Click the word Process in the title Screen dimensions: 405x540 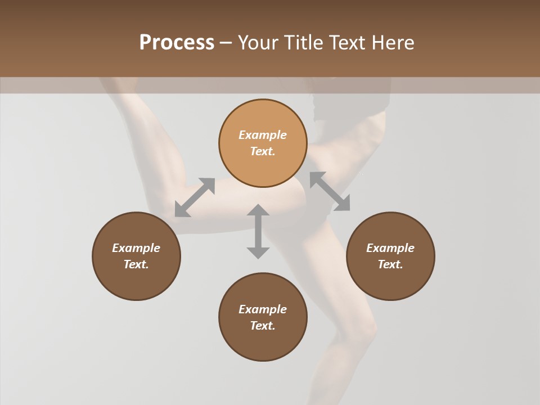[177, 43]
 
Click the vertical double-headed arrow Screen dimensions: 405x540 [258, 231]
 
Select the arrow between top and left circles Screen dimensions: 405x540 [195, 197]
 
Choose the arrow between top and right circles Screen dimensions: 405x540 [330, 191]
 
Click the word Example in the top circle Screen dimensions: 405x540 [263, 135]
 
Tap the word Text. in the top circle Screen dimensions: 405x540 [263, 151]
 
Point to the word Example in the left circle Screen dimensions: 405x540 [136, 248]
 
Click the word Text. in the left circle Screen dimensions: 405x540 [136, 264]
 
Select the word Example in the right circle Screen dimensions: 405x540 [390, 248]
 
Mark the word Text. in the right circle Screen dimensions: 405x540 [390, 264]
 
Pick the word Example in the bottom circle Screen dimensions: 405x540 [263, 309]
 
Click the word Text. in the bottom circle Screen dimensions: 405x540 [263, 326]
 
